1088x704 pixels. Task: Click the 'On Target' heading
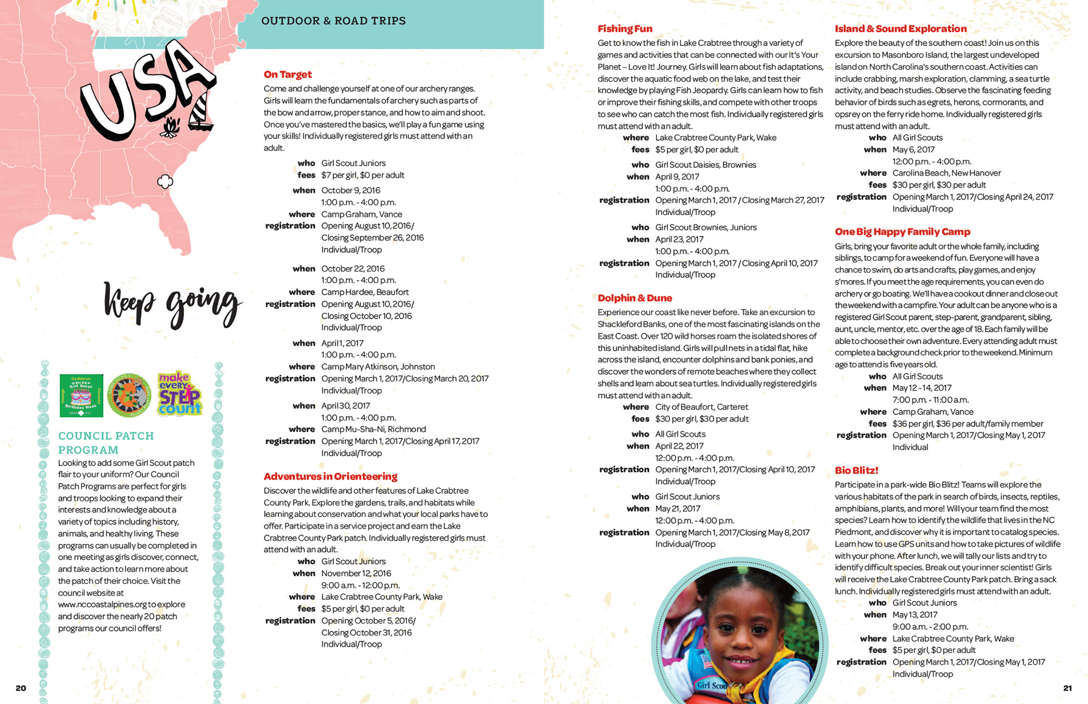tap(287, 74)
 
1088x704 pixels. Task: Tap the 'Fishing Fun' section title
tap(624, 28)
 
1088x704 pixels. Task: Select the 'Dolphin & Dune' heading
tap(635, 298)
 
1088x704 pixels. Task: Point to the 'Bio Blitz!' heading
tap(856, 470)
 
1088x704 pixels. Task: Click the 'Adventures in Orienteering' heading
tap(330, 476)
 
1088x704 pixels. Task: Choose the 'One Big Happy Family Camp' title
tap(902, 231)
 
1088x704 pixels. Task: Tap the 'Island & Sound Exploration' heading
tap(900, 28)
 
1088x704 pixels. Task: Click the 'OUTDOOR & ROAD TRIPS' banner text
tap(333, 21)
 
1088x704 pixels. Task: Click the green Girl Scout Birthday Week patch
tap(81, 395)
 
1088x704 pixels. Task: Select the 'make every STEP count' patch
tap(180, 394)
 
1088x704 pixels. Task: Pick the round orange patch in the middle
tap(130, 395)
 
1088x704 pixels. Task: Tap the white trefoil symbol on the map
tap(165, 182)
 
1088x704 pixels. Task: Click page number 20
tap(21, 688)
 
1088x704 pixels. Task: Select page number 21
tap(1067, 688)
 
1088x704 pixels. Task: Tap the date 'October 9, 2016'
tap(350, 190)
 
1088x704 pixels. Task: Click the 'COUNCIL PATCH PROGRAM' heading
tap(106, 443)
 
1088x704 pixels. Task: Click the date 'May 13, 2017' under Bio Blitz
tap(915, 614)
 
